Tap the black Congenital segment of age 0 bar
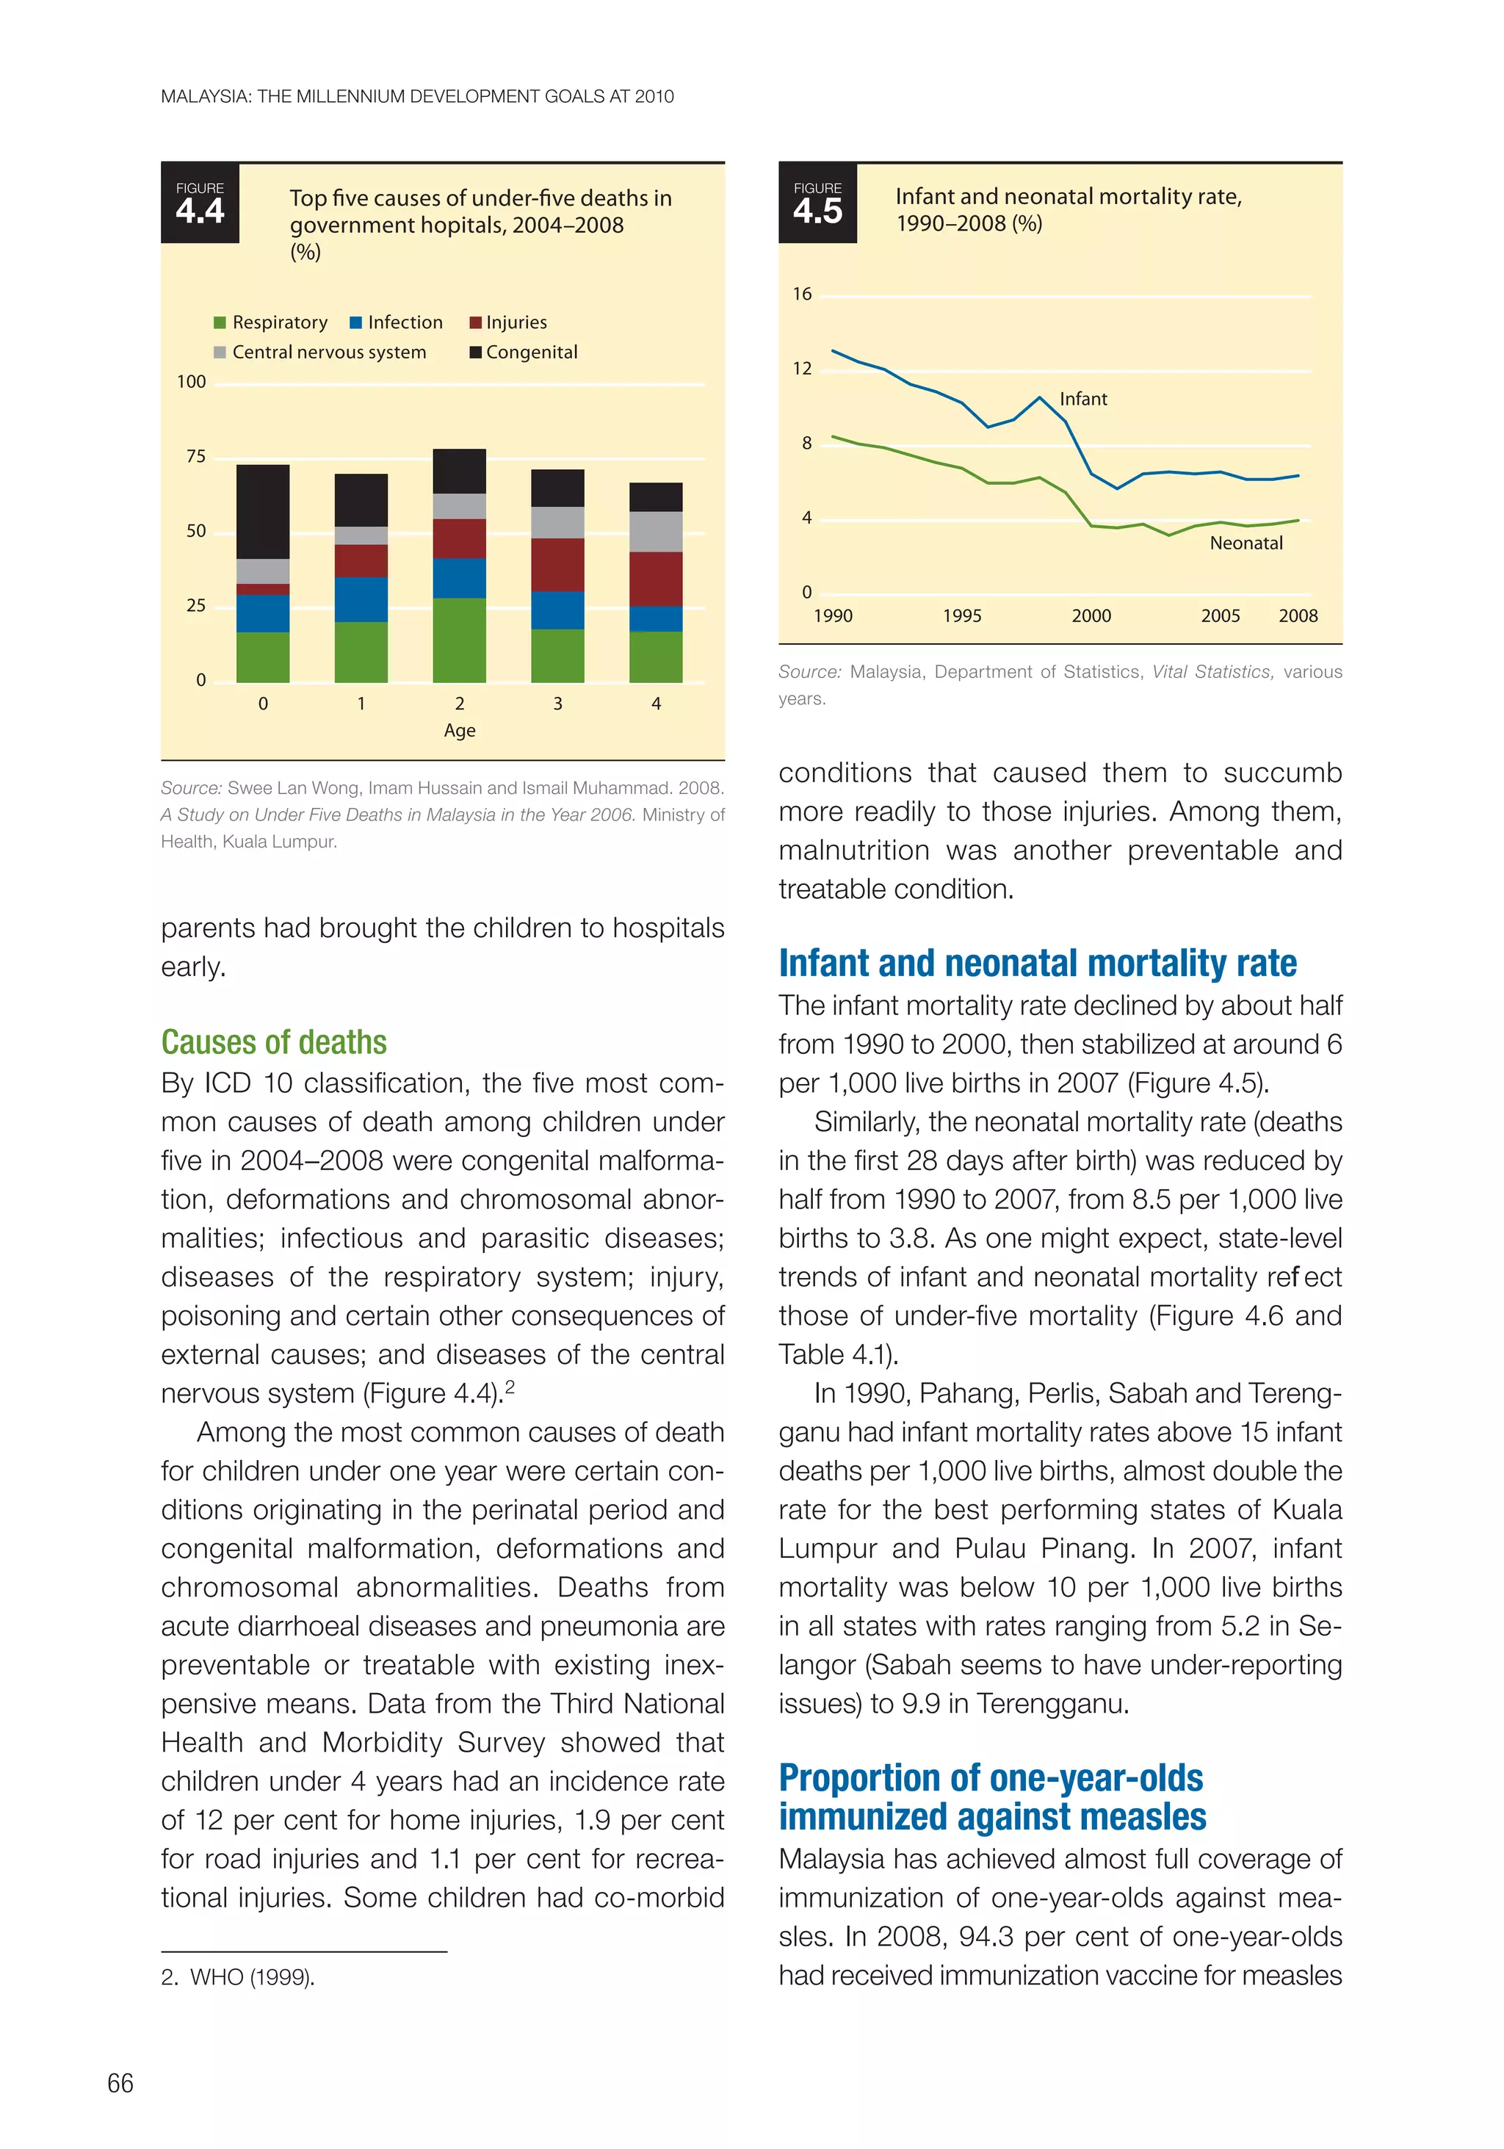(262, 511)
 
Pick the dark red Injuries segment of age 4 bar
(655, 579)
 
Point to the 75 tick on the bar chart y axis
(195, 457)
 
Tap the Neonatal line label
(1245, 543)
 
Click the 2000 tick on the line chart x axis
(1091, 616)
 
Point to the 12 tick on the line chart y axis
(802, 369)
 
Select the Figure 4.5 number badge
(817, 204)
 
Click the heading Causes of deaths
(273, 1041)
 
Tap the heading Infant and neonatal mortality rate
(1037, 963)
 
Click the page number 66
(120, 2083)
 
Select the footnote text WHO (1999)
(252, 1977)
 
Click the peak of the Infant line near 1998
(1040, 398)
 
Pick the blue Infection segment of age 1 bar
(361, 599)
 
